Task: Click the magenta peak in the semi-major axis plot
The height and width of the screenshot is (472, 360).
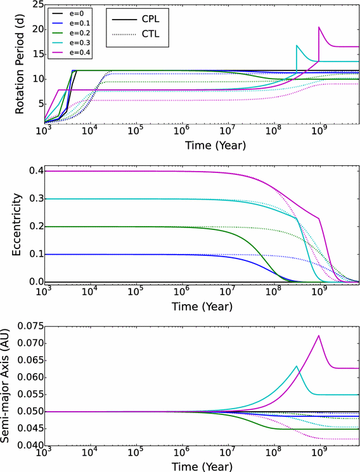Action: [x=319, y=335]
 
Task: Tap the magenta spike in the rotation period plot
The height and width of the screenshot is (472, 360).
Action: [x=319, y=27]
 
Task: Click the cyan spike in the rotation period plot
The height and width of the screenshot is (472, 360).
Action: [x=296, y=46]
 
